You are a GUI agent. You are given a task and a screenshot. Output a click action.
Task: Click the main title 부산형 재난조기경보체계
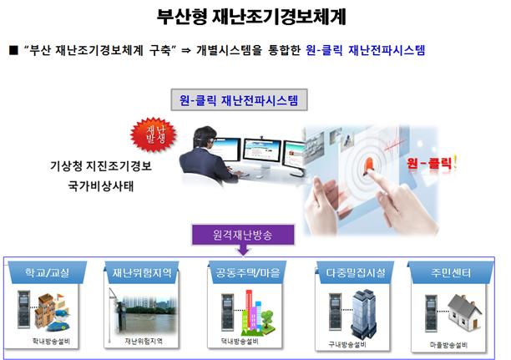coord(251,17)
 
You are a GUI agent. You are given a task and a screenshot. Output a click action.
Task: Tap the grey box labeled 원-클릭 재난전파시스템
coord(239,99)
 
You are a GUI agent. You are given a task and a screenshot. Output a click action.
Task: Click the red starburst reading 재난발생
coord(154,134)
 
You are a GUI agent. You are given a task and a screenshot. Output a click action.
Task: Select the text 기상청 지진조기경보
coord(101,166)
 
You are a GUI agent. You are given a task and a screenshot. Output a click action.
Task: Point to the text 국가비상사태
coord(101,186)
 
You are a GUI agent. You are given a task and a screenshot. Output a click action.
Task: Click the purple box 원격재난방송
coord(243,235)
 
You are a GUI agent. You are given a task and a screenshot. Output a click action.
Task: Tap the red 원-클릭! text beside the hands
coord(431,162)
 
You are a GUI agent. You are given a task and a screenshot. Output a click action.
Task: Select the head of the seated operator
coord(205,137)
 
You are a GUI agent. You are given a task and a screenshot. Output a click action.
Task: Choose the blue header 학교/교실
coord(48,272)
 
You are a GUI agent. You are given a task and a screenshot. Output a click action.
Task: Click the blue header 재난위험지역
coord(142,272)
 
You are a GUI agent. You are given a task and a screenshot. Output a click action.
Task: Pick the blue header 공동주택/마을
coord(248,272)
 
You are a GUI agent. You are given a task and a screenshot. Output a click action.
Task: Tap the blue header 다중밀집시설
coord(355,272)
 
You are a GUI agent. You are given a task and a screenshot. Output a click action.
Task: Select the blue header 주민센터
coord(451,272)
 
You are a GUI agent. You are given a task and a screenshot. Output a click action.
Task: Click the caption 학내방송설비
coord(51,342)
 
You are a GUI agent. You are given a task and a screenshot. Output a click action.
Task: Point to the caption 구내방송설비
coord(347,345)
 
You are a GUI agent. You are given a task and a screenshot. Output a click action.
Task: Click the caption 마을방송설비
coord(448,345)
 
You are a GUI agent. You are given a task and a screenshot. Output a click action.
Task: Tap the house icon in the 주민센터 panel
coord(464,311)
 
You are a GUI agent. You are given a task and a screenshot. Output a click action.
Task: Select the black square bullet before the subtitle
coord(13,51)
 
